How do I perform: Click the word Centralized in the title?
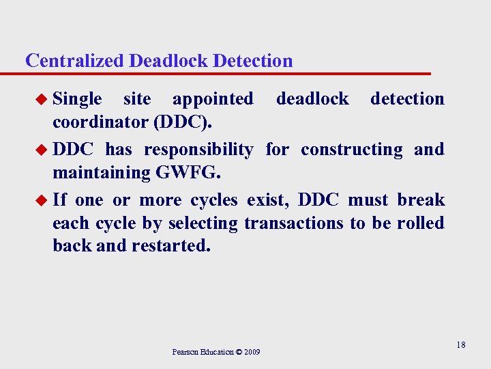coord(74,61)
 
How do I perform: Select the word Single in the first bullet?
coord(77,100)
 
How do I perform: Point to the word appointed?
coord(213,99)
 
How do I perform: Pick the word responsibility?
coord(198,150)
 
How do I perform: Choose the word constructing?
coord(352,150)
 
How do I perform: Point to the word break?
coord(421,200)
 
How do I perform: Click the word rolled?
coord(423,223)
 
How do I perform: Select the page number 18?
coord(461,345)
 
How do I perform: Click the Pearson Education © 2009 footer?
coord(215,352)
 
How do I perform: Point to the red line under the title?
coord(225,73)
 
